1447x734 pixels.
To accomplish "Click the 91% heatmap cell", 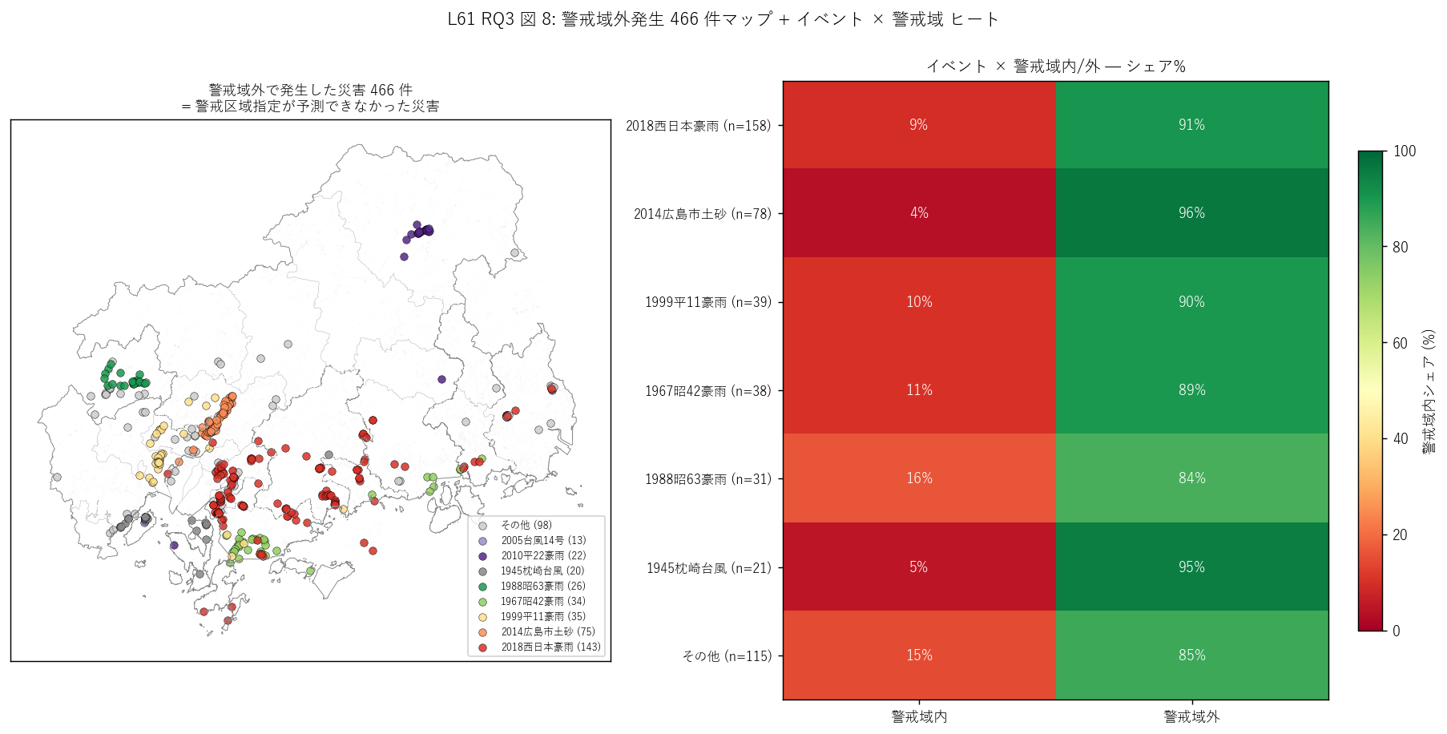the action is [1191, 125].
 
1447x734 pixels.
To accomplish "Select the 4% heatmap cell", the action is [919, 213].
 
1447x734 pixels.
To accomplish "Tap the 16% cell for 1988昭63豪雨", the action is [919, 478].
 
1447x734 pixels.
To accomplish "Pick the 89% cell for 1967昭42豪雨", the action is [1191, 390].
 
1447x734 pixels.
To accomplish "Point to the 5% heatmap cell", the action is [919, 567].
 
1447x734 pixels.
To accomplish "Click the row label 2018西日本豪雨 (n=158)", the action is [698, 126].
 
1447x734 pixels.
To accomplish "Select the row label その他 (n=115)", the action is [727, 656].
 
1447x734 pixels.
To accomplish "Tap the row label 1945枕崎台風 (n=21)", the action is [709, 568].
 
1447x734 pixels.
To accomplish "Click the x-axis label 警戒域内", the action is [919, 716].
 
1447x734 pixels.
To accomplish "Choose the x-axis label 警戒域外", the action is [1191, 716].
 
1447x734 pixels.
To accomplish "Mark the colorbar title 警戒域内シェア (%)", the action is [1429, 391].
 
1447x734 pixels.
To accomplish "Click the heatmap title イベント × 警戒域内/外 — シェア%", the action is [1056, 67].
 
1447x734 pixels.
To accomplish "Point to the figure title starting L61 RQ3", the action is [723, 19].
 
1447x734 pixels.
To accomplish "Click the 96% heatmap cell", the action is [1191, 213].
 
